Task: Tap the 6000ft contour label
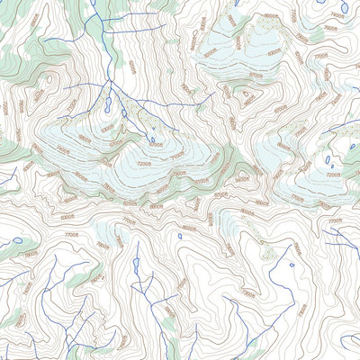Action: pyautogui.click(x=132, y=67)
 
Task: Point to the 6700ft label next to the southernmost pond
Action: pyautogui.click(x=156, y=144)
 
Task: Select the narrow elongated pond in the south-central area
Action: pyautogui.click(x=137, y=265)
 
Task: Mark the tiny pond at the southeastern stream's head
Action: pyautogui.click(x=292, y=265)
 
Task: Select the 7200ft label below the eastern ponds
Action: pyautogui.click(x=333, y=175)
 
